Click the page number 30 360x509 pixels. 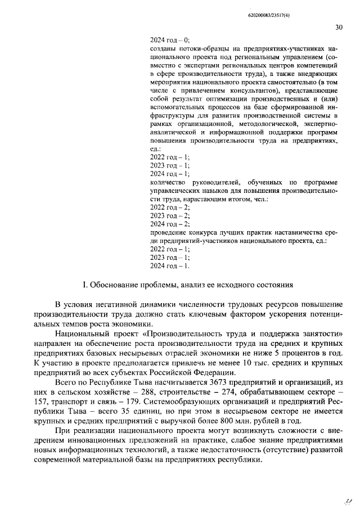tap(338, 26)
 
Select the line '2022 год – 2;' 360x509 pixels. tap(170, 207)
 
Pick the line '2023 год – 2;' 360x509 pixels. tap(170, 215)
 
